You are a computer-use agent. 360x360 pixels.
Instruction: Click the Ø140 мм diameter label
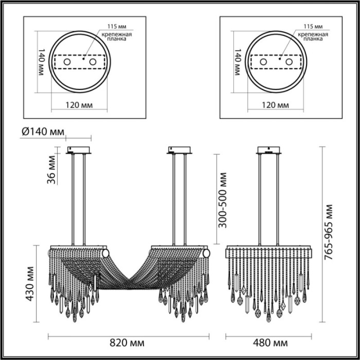[43, 132]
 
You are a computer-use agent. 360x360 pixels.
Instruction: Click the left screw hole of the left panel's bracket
[67, 62]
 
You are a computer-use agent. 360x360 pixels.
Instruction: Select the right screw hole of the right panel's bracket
[289, 62]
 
